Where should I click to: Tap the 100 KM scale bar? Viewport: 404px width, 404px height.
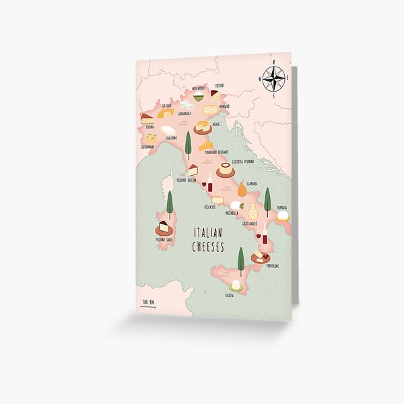tap(148, 304)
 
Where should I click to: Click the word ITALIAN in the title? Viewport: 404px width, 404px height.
tap(209, 233)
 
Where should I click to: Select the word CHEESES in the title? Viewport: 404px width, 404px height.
tap(209, 247)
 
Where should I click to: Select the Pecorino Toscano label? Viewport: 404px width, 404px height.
tap(189, 180)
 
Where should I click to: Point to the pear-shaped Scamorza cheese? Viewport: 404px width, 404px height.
tap(241, 189)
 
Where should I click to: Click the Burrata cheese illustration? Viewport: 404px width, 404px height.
tap(283, 215)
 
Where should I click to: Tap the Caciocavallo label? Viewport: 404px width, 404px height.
tap(250, 223)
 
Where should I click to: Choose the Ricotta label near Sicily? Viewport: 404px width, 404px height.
tap(232, 295)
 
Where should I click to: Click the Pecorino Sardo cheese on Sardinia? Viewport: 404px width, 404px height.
tap(164, 228)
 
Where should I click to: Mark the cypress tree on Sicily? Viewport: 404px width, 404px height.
tap(240, 259)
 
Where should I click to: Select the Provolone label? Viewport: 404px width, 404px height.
tap(273, 266)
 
